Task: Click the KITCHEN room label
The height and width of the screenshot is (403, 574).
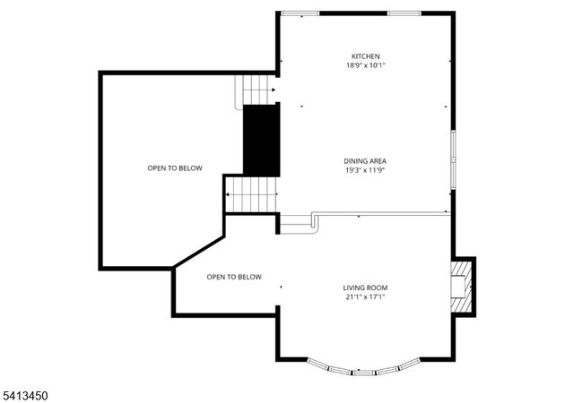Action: pyautogui.click(x=365, y=56)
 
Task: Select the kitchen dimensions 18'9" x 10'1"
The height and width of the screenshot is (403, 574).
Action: pyautogui.click(x=365, y=65)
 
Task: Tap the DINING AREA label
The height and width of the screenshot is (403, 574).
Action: pyautogui.click(x=365, y=161)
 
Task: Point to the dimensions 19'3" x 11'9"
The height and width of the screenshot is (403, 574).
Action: pyautogui.click(x=365, y=170)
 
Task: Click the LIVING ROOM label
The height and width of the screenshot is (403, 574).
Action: pyautogui.click(x=365, y=287)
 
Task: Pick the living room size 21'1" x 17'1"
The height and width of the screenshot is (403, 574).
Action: pyautogui.click(x=365, y=296)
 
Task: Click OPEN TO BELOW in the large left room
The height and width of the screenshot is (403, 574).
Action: pyautogui.click(x=175, y=167)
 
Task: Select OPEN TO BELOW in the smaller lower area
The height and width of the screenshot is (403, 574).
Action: pyautogui.click(x=234, y=277)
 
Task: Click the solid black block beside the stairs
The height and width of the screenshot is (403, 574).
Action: pyautogui.click(x=262, y=139)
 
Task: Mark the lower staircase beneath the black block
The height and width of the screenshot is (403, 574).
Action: pyautogui.click(x=252, y=193)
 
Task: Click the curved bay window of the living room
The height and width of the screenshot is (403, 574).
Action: pyautogui.click(x=363, y=367)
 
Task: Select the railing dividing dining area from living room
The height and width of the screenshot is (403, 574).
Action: pyautogui.click(x=381, y=213)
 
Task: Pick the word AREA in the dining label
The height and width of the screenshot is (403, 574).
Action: pyautogui.click(x=378, y=161)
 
